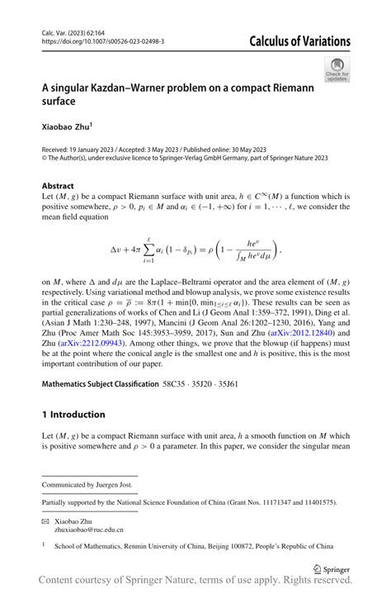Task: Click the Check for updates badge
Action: (337, 69)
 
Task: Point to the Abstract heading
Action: (58, 186)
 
